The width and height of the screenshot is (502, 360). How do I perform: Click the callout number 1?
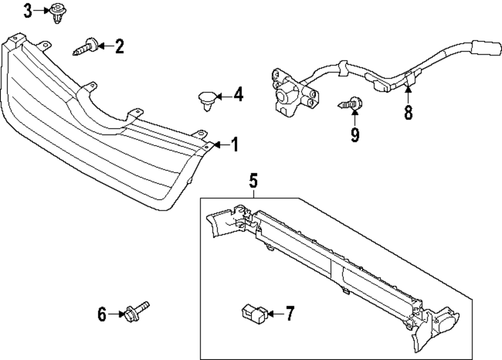coord(233,145)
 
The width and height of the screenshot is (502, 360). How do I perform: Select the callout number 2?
coord(119,47)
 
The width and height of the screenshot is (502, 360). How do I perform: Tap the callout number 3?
coord(29,11)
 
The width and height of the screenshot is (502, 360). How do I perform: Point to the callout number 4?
coord(237,94)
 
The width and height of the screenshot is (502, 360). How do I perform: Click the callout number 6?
coord(102,315)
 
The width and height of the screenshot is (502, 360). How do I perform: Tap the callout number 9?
coord(355,135)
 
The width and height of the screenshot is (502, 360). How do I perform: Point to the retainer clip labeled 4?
coord(206,98)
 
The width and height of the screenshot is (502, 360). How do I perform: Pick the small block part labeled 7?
coord(254,313)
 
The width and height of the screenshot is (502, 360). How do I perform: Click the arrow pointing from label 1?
coord(219,145)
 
